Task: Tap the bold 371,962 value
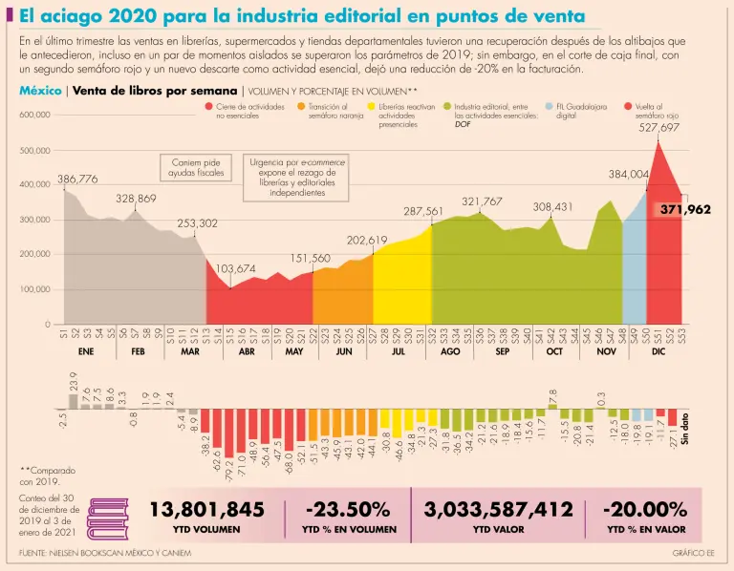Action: [x=684, y=209]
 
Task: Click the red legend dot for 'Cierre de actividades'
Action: [x=208, y=108]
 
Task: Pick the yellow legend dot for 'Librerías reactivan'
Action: [x=371, y=108]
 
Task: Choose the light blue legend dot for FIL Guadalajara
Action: [x=549, y=108]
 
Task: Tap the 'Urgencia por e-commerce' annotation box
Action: [x=297, y=178]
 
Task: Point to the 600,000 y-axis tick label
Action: [x=34, y=115]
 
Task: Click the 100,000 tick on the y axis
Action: [x=34, y=289]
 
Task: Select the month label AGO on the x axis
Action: [x=450, y=351]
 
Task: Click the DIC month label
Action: [x=658, y=351]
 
